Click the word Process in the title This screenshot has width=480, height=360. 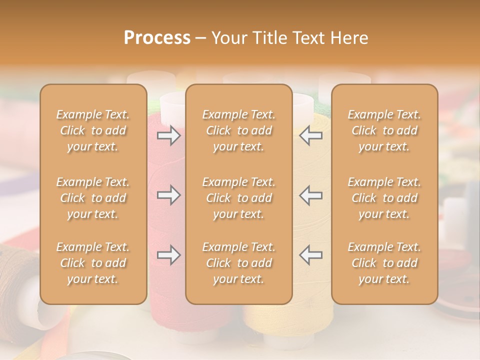coord(157,38)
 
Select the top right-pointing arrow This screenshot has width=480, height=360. coord(169,135)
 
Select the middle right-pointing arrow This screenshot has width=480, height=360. coord(169,195)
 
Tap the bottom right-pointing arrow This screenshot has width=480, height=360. coord(169,255)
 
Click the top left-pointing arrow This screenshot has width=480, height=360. coord(310,135)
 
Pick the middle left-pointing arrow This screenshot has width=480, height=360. coord(310,195)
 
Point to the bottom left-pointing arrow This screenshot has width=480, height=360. coord(310,255)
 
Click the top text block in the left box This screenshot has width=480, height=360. coord(93,130)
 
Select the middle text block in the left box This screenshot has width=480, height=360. coord(93,198)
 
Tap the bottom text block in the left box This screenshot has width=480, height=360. coord(93,263)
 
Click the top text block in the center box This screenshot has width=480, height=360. coord(238,130)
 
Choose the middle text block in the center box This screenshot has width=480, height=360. coord(238,198)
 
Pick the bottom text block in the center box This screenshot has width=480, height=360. coord(238,263)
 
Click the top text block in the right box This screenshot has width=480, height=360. coord(384,130)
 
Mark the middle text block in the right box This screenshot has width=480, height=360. coord(384,198)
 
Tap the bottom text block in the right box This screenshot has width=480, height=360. coord(384,263)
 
